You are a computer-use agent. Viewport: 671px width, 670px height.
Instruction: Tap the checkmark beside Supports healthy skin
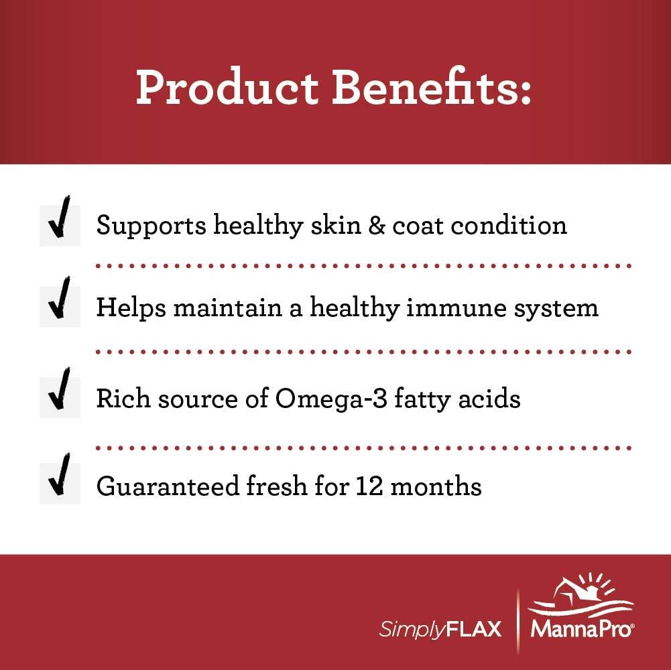60,225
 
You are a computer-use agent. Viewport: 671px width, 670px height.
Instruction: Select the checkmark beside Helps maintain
60,306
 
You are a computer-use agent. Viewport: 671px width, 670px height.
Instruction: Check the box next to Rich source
60,397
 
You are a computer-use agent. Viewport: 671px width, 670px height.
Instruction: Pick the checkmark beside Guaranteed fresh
60,483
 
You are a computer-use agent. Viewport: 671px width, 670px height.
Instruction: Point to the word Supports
151,226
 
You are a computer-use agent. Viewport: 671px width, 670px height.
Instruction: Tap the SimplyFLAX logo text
440,630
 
